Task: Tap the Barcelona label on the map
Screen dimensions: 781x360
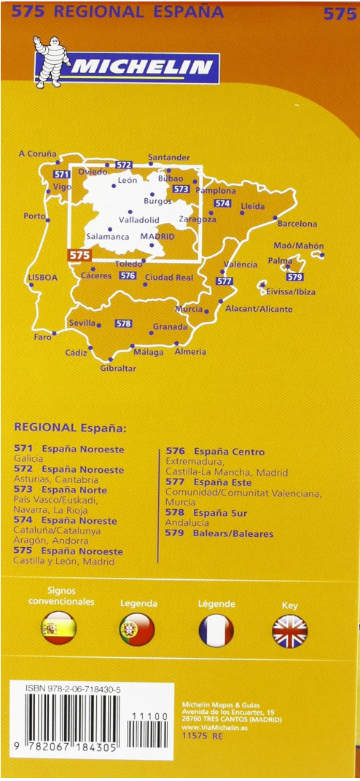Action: click(x=297, y=224)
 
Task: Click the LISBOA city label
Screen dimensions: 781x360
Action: click(x=42, y=278)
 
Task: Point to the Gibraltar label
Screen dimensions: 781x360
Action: click(x=118, y=369)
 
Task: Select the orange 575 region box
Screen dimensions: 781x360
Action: click(x=79, y=255)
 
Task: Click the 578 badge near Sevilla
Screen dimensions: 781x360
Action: click(x=123, y=323)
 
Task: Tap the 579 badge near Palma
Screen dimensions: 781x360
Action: click(x=294, y=277)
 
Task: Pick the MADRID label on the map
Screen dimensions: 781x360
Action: click(x=157, y=237)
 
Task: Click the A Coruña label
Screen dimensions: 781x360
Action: click(x=37, y=154)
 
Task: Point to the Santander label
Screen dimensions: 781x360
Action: click(x=168, y=157)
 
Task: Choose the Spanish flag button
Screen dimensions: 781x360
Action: click(x=59, y=629)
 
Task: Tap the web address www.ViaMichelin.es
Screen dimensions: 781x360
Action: click(x=211, y=727)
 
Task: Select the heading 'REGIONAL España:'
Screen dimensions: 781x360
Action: click(x=70, y=428)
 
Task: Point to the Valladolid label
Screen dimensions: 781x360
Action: click(x=138, y=220)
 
